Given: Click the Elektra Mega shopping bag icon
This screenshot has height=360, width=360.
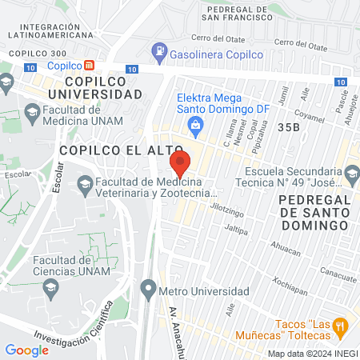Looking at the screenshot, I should [194, 123].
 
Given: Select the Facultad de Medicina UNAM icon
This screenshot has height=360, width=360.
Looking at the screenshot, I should [32, 112].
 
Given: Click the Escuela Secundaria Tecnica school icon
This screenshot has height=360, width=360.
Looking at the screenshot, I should [350, 173].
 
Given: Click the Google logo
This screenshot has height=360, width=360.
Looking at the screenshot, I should [26, 350].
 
